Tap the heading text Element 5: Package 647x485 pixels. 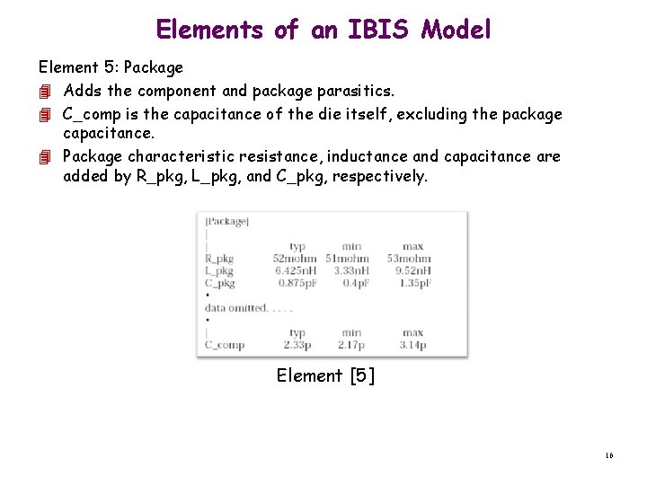pyautogui.click(x=111, y=67)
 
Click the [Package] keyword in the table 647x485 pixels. pyautogui.click(x=227, y=221)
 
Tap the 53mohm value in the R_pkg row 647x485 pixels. pyautogui.click(x=409, y=259)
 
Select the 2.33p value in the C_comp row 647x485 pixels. pyautogui.click(x=297, y=345)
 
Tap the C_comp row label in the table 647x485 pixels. pyautogui.click(x=225, y=345)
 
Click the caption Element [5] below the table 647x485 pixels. pyautogui.click(x=325, y=375)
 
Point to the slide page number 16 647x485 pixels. pyautogui.click(x=608, y=456)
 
